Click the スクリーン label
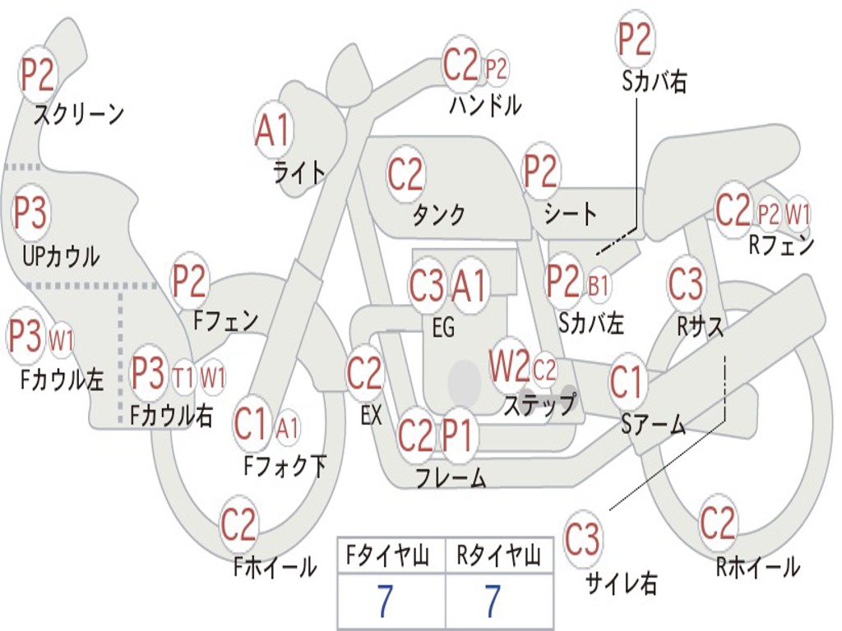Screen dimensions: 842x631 [x=78, y=114]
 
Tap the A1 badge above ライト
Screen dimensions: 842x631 [x=274, y=130]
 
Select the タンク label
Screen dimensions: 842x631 [x=438, y=214]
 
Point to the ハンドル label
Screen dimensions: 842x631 [x=485, y=105]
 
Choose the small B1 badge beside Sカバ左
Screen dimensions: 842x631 [x=599, y=285]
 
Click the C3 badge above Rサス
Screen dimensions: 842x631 [x=686, y=284]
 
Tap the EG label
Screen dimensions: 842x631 [x=442, y=327]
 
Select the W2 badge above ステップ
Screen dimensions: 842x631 [x=509, y=367]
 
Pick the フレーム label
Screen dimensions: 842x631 [x=451, y=477]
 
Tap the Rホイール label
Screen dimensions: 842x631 [x=757, y=566]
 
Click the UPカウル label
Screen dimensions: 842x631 [x=60, y=256]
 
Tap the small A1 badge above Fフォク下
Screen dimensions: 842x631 [x=287, y=427]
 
